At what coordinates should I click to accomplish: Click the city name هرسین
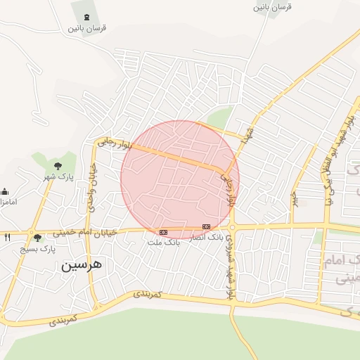81,265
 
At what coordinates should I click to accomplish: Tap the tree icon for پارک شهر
58,166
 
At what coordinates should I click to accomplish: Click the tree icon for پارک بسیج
38,238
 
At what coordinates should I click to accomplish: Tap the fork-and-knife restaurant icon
8,237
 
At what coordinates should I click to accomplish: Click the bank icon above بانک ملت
163,232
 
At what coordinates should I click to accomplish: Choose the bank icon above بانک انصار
206,226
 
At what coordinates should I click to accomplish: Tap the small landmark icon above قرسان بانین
86,18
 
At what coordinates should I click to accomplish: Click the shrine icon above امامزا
5,192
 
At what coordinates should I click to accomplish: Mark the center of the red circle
180,179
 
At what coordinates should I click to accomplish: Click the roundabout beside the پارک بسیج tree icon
32,233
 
